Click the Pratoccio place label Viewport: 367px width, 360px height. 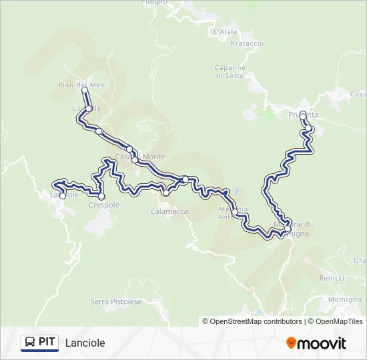[x=247, y=43]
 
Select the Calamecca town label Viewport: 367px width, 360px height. [x=169, y=211]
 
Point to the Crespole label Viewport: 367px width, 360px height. [x=103, y=205]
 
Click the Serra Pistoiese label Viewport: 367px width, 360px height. [x=116, y=302]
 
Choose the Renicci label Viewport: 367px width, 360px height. [x=332, y=277]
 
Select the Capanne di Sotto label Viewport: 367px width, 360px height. [x=230, y=71]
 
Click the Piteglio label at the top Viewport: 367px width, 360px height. [x=154, y=3]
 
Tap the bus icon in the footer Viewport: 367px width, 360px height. [x=30, y=343]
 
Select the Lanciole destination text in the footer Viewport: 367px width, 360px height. [x=85, y=343]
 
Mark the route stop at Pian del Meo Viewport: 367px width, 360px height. [x=85, y=90]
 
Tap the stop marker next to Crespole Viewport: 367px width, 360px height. [x=101, y=196]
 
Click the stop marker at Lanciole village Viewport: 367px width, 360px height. [x=63, y=196]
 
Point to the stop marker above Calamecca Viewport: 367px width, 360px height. [x=165, y=193]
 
